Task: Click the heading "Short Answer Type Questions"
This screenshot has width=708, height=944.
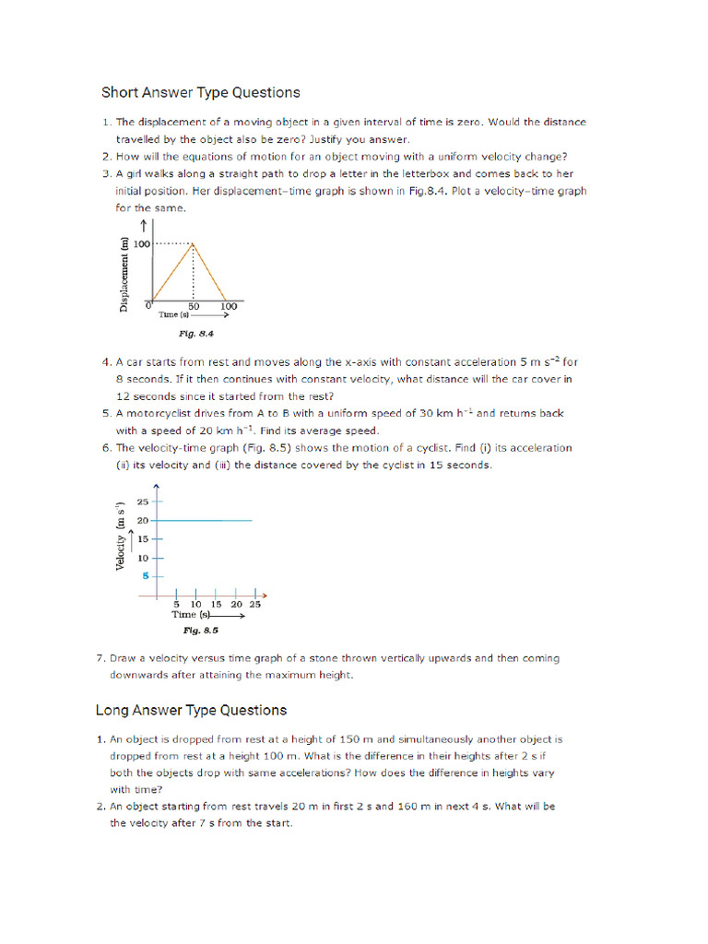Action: pyautogui.click(x=200, y=92)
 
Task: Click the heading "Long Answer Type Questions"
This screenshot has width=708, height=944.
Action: pyautogui.click(x=191, y=710)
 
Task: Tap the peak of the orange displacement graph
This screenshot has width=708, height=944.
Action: pyautogui.click(x=192, y=243)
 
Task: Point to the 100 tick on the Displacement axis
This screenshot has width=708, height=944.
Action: pyautogui.click(x=141, y=243)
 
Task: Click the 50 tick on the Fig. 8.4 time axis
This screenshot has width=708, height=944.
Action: pyautogui.click(x=195, y=306)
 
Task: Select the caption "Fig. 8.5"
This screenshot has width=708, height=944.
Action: pyautogui.click(x=200, y=631)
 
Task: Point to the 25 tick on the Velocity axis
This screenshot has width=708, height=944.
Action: pyautogui.click(x=142, y=501)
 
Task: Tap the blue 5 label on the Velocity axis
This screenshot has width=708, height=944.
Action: pyautogui.click(x=144, y=576)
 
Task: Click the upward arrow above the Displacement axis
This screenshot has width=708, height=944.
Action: pyautogui.click(x=145, y=224)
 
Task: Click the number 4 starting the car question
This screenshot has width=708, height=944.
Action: pyautogui.click(x=106, y=362)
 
